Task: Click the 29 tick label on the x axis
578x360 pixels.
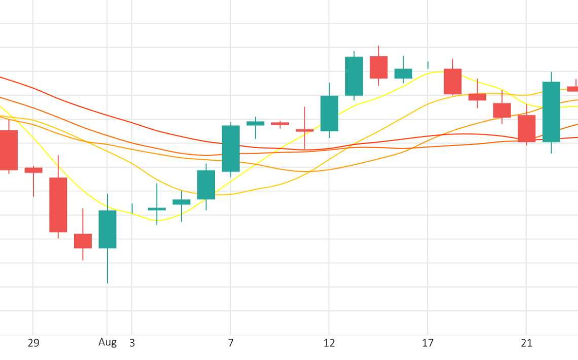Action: click(33, 343)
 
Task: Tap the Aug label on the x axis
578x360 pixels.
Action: click(107, 342)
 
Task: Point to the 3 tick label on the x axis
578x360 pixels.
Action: click(132, 343)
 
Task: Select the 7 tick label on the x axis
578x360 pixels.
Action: click(231, 343)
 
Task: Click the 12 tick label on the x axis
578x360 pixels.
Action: click(329, 343)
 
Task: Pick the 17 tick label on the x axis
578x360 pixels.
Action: click(428, 343)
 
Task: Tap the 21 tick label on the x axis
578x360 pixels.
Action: click(526, 343)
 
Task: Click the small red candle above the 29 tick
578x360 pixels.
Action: click(33, 170)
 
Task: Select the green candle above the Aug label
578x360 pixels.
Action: click(107, 229)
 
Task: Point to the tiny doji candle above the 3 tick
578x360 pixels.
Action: click(132, 208)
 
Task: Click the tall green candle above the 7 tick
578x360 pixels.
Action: click(231, 149)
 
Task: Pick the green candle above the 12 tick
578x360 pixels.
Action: click(329, 114)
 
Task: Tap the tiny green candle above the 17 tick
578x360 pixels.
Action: click(428, 65)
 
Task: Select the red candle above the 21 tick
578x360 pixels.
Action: click(526, 128)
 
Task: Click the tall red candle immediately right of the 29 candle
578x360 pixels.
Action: click(58, 205)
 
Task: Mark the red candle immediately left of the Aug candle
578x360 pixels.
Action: click(83, 241)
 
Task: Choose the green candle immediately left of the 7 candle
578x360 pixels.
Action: click(206, 185)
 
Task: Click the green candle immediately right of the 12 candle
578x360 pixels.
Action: click(354, 76)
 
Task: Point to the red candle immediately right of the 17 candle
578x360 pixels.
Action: click(453, 81)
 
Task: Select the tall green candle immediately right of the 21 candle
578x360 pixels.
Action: click(551, 112)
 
